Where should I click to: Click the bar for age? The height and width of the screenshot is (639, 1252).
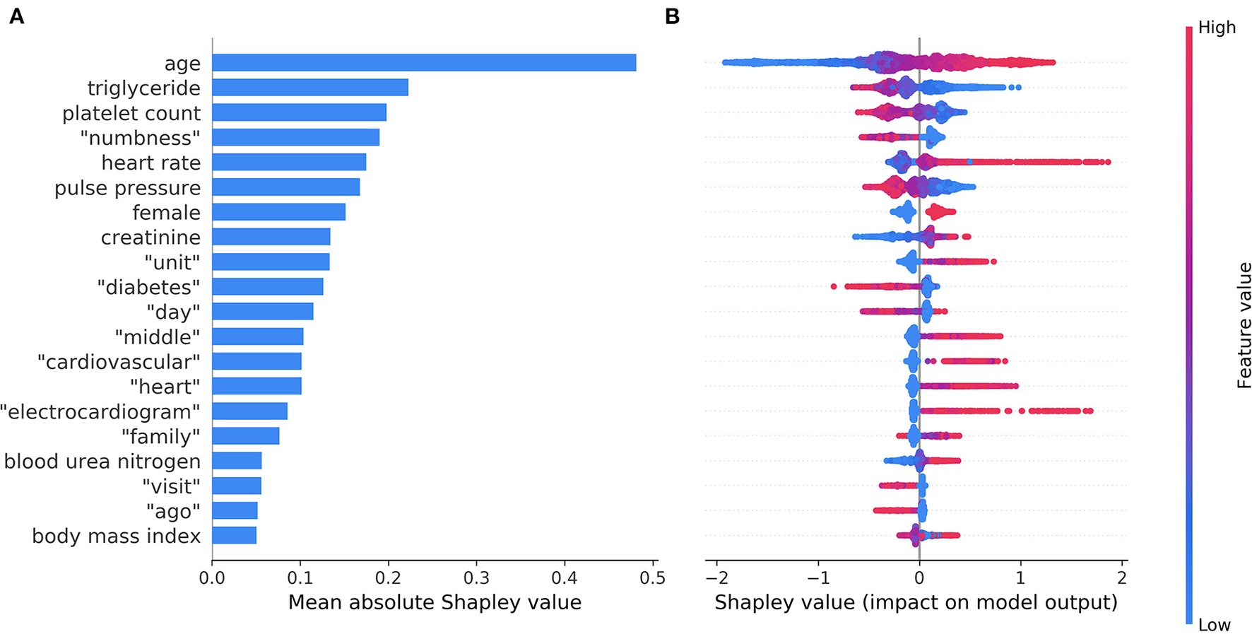424,63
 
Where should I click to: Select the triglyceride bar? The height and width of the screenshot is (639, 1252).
310,88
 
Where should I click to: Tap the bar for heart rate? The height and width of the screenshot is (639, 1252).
289,163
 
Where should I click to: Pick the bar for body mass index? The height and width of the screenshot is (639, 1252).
234,535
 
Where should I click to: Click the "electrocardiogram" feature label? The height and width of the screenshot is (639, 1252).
100,411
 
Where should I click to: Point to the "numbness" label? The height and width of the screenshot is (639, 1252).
140,138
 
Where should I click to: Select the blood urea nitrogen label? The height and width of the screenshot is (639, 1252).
102,462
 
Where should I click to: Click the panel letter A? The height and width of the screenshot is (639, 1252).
16,17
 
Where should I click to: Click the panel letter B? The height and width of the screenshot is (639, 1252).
672,17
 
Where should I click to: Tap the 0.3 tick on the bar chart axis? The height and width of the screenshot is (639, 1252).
476,578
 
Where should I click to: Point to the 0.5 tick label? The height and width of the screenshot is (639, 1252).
652,578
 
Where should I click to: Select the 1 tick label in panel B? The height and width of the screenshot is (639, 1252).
1020,578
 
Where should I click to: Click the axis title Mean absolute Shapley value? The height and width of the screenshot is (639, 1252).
435,603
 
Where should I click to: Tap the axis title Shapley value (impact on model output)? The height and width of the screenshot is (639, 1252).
916,603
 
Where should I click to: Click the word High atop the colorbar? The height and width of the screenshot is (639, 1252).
1217,28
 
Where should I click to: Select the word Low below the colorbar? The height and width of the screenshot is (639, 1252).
1214,625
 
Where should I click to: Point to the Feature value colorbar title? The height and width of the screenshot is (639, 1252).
1244,325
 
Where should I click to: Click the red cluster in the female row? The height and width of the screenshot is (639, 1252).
940,212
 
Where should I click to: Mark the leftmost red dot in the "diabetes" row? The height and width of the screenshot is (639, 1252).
834,286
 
